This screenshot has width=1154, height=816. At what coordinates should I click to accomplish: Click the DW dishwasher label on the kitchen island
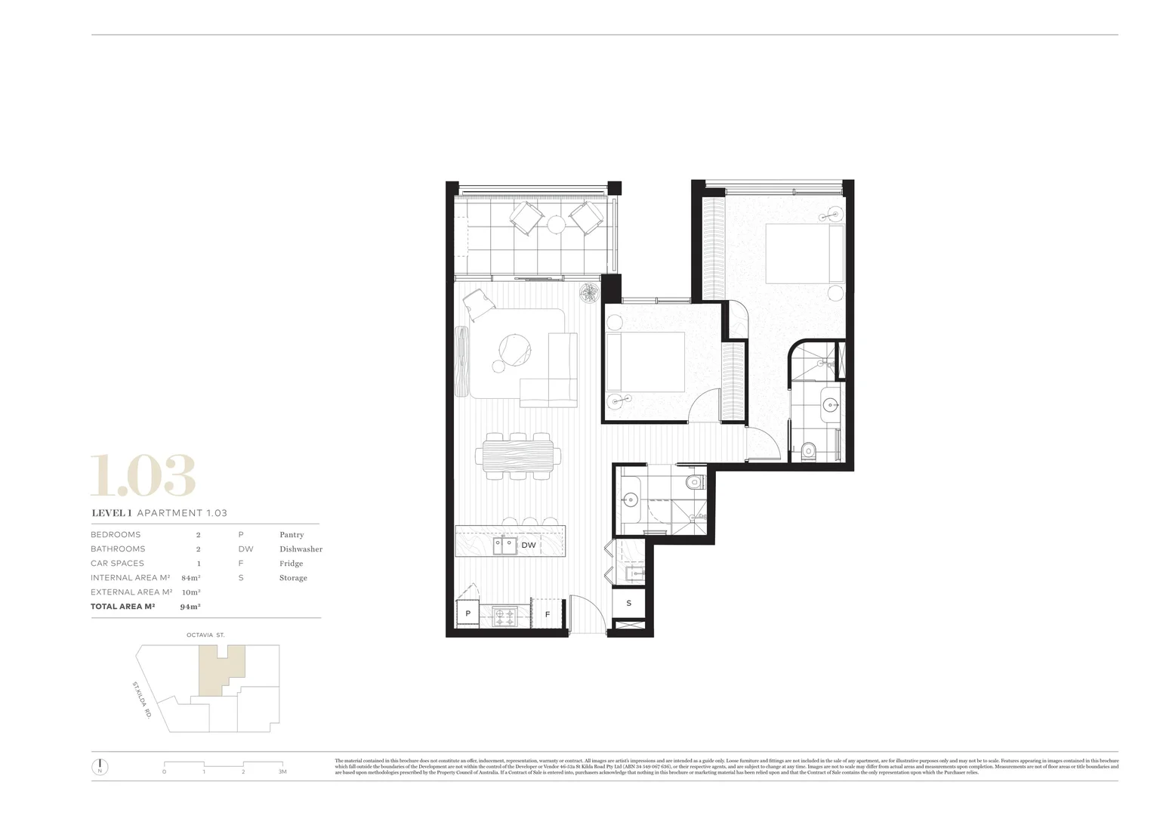[x=529, y=545]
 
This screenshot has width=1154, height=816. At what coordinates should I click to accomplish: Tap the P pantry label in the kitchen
[x=467, y=614]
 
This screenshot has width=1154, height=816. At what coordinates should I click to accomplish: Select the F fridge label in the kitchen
[x=548, y=614]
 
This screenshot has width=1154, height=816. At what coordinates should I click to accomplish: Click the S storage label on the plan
[x=628, y=603]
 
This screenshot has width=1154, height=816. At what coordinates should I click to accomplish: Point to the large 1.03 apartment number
[x=143, y=476]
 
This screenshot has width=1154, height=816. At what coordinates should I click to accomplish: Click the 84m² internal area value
[x=191, y=578]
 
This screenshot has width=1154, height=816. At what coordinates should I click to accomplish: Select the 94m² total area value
[x=190, y=607]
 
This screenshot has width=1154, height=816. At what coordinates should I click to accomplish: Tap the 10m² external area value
[x=191, y=592]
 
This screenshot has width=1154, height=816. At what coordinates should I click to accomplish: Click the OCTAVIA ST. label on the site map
[x=205, y=635]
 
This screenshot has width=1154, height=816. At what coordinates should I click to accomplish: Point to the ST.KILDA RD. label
[x=141, y=699]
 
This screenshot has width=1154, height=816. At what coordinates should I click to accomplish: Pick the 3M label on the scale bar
[x=282, y=771]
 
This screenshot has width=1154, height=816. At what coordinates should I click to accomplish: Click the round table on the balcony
[x=557, y=224]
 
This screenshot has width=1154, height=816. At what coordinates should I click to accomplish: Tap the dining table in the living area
[x=518, y=456]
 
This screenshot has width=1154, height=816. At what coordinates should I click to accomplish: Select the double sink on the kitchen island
[x=505, y=545]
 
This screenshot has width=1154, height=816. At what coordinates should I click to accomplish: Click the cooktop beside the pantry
[x=504, y=616]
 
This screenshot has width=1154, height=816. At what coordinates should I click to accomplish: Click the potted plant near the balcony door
[x=589, y=292]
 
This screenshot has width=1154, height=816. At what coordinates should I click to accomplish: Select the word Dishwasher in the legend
[x=301, y=549]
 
